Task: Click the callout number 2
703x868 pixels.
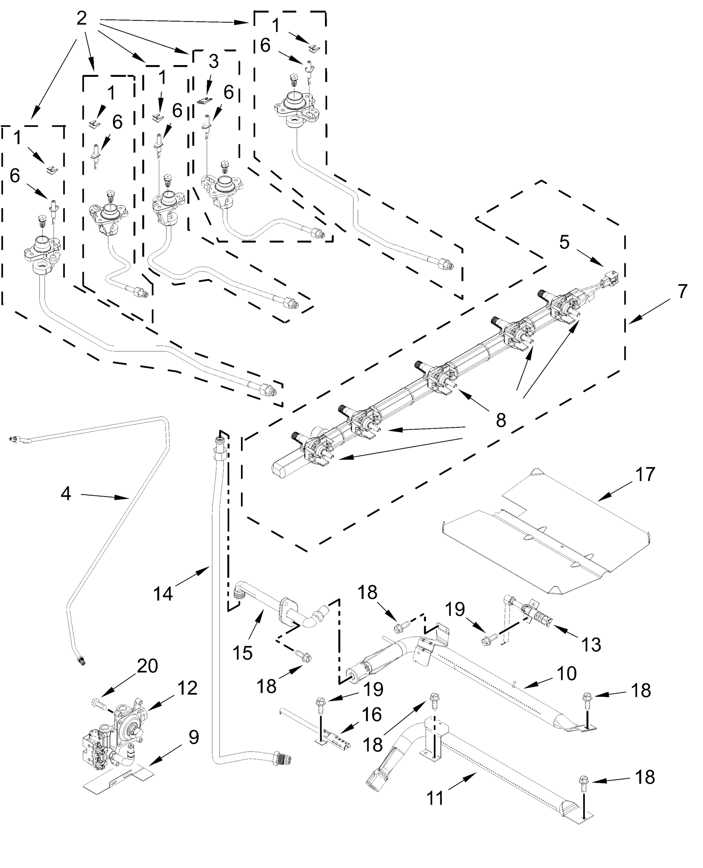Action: [81, 18]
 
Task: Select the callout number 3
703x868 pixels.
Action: [213, 61]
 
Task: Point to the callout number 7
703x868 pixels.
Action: [682, 291]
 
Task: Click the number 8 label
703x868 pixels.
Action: [501, 421]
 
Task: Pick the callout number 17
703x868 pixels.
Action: [645, 475]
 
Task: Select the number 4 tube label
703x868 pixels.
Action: [66, 494]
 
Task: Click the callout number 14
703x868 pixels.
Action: [163, 594]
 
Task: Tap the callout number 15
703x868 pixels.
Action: [242, 652]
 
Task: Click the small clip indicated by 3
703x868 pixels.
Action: [205, 99]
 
